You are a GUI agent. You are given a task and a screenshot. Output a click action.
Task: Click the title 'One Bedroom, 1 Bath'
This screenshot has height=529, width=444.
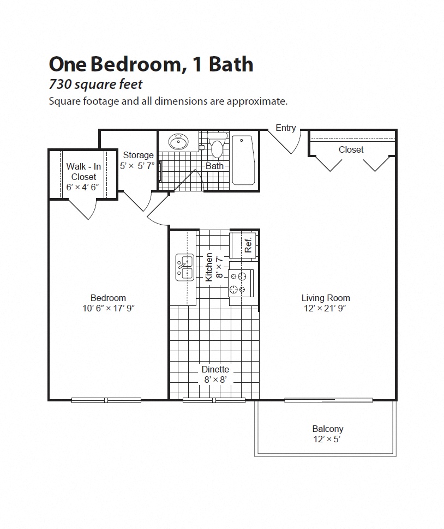click(x=151, y=64)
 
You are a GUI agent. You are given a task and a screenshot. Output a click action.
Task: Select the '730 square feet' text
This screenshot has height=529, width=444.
click(x=95, y=85)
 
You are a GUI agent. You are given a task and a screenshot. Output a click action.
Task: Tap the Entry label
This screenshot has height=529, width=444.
click(x=285, y=128)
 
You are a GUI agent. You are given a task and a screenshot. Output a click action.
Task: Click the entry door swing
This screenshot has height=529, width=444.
click(x=286, y=143)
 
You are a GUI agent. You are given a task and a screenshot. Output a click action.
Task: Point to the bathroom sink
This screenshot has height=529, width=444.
click(x=178, y=142)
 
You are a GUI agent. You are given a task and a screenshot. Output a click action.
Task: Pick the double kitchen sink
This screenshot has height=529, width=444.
click(x=184, y=268)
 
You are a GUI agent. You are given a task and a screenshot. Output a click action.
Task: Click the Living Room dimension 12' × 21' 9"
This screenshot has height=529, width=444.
click(x=326, y=308)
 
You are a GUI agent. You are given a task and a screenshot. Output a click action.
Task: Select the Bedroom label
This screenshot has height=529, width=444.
click(x=108, y=298)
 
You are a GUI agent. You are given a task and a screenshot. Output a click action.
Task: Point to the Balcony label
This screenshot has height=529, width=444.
click(x=328, y=429)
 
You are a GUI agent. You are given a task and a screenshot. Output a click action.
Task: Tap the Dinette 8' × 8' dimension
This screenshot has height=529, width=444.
click(x=215, y=380)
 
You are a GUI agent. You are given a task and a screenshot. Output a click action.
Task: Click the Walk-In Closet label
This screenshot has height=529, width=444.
click(x=83, y=172)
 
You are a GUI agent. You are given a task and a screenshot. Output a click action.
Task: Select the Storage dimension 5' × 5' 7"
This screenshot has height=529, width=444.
click(x=137, y=166)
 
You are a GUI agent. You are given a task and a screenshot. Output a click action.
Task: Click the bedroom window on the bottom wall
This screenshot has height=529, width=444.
click(x=106, y=400)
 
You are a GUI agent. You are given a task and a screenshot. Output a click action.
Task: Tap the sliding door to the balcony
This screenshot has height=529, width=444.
click(x=328, y=400)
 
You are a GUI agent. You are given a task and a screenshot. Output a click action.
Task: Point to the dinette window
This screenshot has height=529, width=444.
click(x=214, y=400)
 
